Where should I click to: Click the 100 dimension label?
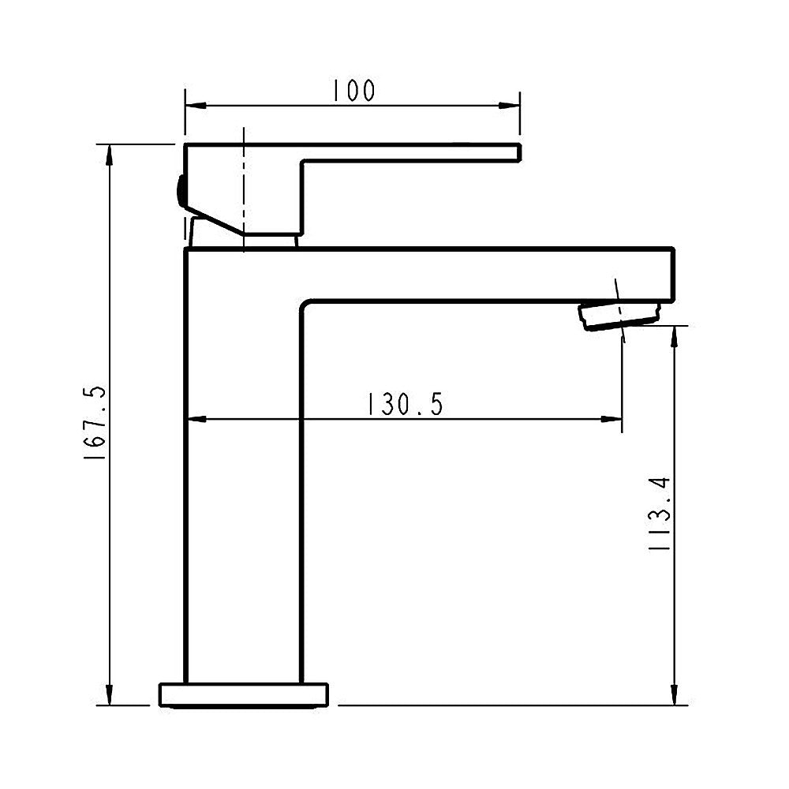(352, 91)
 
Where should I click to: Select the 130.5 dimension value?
(404, 405)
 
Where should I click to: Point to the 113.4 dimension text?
(661, 513)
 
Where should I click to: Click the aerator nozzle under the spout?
(619, 314)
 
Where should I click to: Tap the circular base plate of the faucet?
(244, 694)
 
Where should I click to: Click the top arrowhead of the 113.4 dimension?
(674, 335)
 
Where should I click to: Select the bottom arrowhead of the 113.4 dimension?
(674, 695)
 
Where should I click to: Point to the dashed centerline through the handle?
(244, 189)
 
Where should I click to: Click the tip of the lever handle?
(516, 153)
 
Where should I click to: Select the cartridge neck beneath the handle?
(270, 240)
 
